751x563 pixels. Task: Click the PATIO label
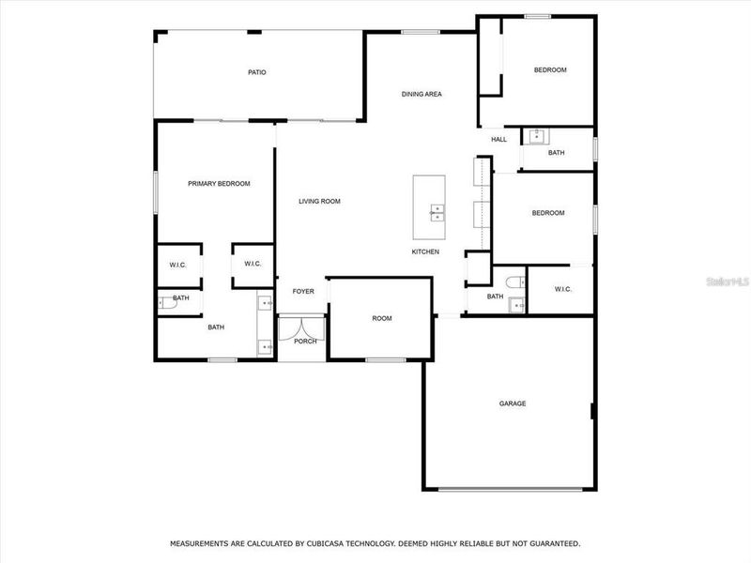[256, 72]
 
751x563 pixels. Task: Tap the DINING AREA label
[421, 94]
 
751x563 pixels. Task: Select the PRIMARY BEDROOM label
[219, 184]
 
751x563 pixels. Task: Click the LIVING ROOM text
[319, 201]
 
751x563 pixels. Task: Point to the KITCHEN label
[425, 251]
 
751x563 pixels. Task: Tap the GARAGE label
[512, 403]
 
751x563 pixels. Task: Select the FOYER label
[302, 292]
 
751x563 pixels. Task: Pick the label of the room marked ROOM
[381, 319]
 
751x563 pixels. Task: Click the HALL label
[498, 140]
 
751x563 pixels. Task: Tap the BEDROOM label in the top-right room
[550, 70]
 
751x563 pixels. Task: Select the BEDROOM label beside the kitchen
[548, 213]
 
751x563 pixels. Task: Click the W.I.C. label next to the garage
[563, 289]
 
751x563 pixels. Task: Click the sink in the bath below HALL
[536, 136]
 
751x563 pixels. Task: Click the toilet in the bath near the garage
[511, 282]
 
